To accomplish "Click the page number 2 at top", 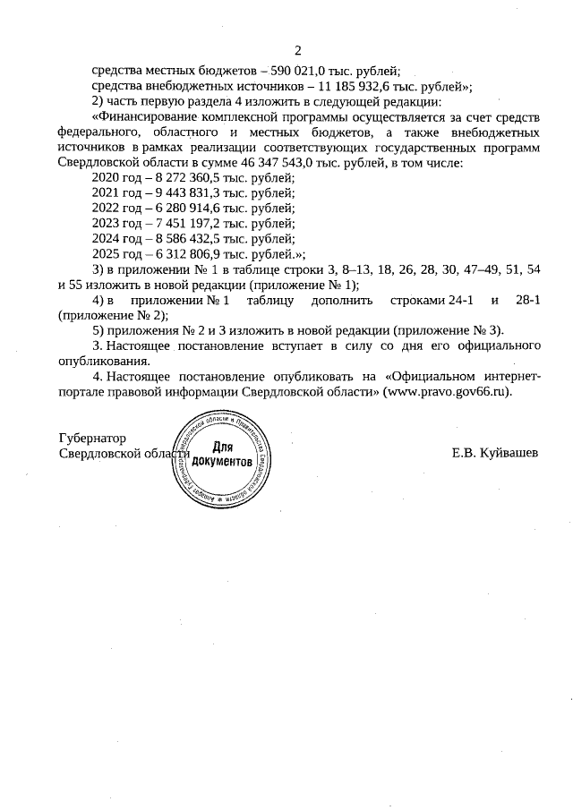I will (298, 50).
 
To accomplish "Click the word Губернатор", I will (91, 439).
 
